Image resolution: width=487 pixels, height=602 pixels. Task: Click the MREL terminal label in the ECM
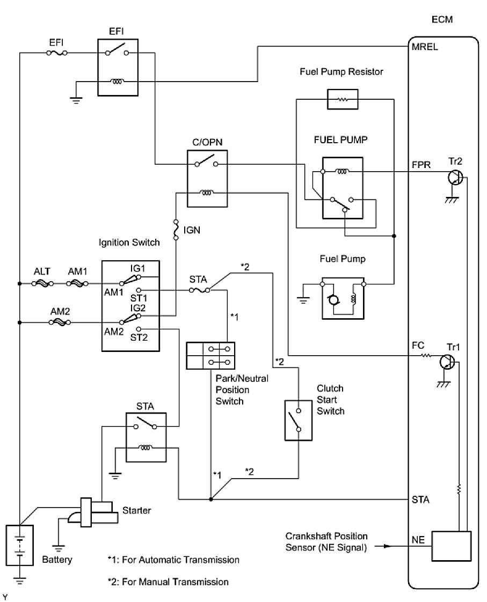[425, 46]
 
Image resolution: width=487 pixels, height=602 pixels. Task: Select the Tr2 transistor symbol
[455, 178]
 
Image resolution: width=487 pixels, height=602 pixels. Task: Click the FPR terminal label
[420, 165]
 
